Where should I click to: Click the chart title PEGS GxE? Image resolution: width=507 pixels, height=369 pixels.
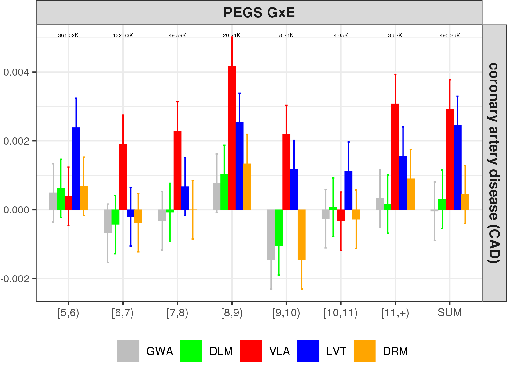pos(259,13)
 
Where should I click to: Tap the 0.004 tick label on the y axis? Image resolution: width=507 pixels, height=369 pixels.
pos(16,72)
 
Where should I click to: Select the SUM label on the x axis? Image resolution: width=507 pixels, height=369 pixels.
pos(450,313)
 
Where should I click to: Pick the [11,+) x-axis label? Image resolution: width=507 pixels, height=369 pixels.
pos(395,313)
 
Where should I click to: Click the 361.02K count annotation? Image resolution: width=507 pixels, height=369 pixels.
pos(68,35)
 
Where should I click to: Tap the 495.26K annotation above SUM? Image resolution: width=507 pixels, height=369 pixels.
pos(450,35)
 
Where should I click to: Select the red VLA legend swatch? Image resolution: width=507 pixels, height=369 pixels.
pos(251,351)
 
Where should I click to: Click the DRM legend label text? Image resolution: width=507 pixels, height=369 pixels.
pos(395,351)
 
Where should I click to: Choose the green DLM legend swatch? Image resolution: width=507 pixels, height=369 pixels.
pos(191,351)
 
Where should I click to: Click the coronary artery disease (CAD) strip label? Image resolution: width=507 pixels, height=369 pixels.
pos(494,163)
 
